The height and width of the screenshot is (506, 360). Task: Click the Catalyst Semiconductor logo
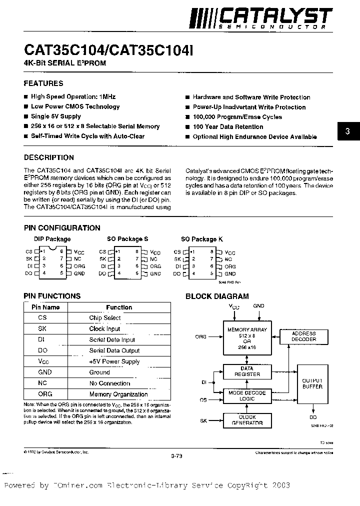pyautogui.click(x=260, y=17)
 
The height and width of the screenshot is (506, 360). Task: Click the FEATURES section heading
pyautogui.click(x=43, y=83)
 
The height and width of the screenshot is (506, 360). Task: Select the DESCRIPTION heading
pyautogui.click(x=49, y=157)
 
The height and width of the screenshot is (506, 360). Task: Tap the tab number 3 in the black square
pyautogui.click(x=347, y=132)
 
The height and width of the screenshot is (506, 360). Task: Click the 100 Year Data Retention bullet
pyautogui.click(x=227, y=127)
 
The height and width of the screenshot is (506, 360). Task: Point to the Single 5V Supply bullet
pyautogui.click(x=56, y=116)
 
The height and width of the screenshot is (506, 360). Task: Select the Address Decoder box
pyautogui.click(x=303, y=336)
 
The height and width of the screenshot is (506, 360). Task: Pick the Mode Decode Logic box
pyautogui.click(x=247, y=396)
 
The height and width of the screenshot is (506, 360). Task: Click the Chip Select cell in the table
pyautogui.click(x=105, y=318)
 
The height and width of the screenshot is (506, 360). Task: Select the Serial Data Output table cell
pyautogui.click(x=114, y=350)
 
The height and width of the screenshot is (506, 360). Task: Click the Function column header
pyautogui.click(x=119, y=307)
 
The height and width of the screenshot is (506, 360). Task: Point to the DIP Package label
pyautogui.click(x=52, y=239)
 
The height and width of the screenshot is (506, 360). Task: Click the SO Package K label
pyautogui.click(x=199, y=239)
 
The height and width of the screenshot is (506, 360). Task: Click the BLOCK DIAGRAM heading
pyautogui.click(x=217, y=296)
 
